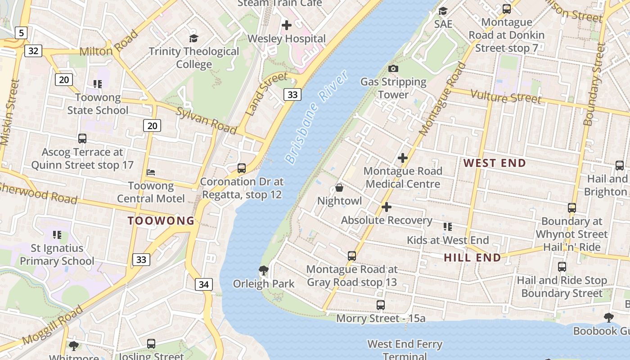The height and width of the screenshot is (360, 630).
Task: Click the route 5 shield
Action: point(21,32)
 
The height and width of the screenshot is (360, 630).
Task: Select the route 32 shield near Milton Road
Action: point(33,50)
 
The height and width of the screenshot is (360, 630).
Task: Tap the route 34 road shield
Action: point(204,284)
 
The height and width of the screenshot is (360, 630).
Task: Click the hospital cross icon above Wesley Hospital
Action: point(287,25)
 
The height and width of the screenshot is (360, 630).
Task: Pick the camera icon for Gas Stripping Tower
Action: point(393,68)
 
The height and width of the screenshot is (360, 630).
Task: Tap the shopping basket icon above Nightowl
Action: point(339,188)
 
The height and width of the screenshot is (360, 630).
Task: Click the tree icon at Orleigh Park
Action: point(264,270)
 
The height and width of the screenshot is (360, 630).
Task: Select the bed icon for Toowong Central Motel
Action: point(151,172)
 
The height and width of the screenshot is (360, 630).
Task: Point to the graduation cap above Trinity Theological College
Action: point(193,38)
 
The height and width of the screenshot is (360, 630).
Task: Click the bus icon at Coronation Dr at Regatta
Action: point(242,168)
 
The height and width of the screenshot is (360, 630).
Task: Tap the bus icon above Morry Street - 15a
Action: point(381,305)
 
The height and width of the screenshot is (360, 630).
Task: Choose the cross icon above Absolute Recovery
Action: point(387,207)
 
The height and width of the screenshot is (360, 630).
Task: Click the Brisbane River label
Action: point(317,117)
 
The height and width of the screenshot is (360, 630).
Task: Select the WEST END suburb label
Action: point(495,163)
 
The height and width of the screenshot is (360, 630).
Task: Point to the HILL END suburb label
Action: point(472,257)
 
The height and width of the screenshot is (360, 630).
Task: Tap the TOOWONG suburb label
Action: point(161,220)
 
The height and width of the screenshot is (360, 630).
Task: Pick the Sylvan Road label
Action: point(206,121)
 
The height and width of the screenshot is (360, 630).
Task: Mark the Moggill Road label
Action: point(53,325)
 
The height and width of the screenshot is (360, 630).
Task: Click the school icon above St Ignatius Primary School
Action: point(57,234)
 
